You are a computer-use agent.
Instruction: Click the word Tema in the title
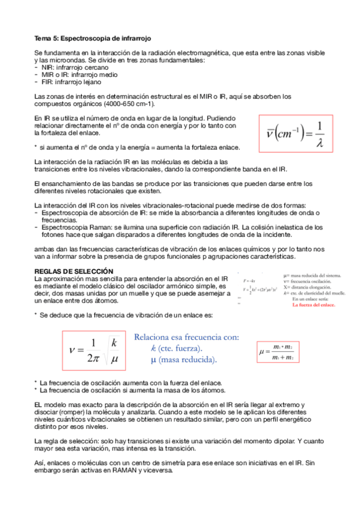[43, 37]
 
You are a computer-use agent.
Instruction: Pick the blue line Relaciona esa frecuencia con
[187, 337]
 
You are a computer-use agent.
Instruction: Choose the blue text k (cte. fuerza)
[177, 348]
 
